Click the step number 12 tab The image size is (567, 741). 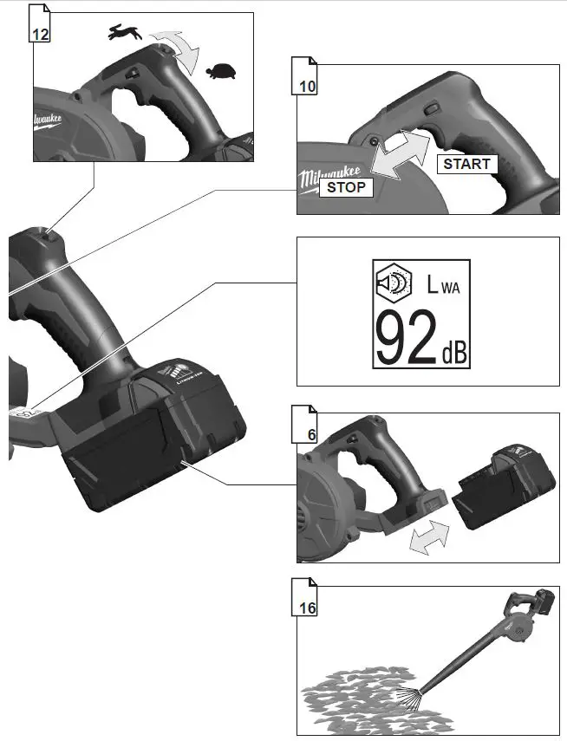[x=39, y=32]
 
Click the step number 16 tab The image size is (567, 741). [x=304, y=608]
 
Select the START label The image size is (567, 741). [x=466, y=163]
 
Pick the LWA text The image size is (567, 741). [x=442, y=284]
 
